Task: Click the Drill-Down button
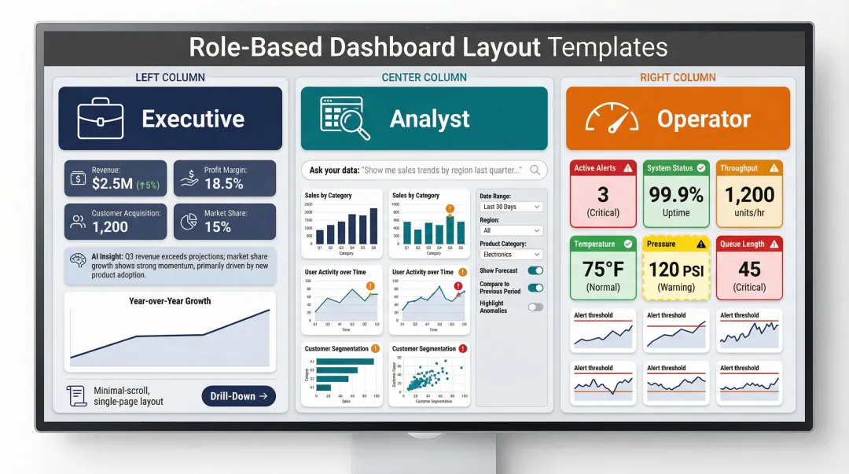(x=238, y=396)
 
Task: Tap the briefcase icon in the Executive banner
(x=101, y=119)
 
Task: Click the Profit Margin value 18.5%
(x=223, y=184)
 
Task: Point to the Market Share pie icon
(x=188, y=222)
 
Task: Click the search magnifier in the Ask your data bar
(x=535, y=170)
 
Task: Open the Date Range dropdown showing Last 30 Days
(x=511, y=207)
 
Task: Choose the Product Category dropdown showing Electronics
(x=511, y=255)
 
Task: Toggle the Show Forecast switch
(x=535, y=270)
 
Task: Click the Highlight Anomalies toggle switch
(x=535, y=307)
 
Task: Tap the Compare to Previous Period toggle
(x=535, y=288)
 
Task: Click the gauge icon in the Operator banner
(x=612, y=119)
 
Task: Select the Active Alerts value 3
(x=603, y=194)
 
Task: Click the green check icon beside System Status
(x=701, y=167)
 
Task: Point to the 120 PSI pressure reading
(x=676, y=270)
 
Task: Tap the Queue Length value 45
(x=749, y=270)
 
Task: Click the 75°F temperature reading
(x=603, y=270)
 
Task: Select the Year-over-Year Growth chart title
(x=170, y=301)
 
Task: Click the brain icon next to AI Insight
(x=78, y=259)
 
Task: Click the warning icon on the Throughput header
(x=774, y=167)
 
